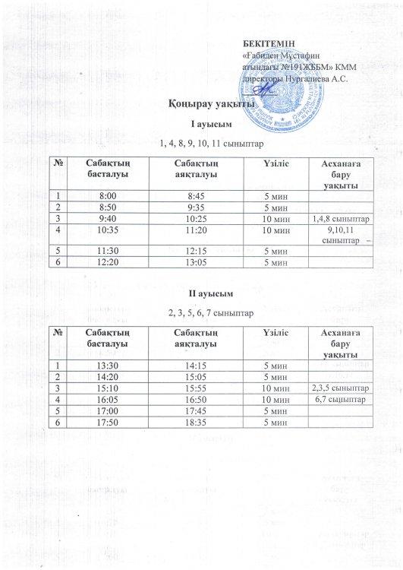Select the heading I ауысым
[202, 124]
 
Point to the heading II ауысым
[202, 292]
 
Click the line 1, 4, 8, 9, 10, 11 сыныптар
[202, 143]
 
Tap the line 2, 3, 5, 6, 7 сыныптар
[202, 312]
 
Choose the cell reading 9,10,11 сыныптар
[341, 235]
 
